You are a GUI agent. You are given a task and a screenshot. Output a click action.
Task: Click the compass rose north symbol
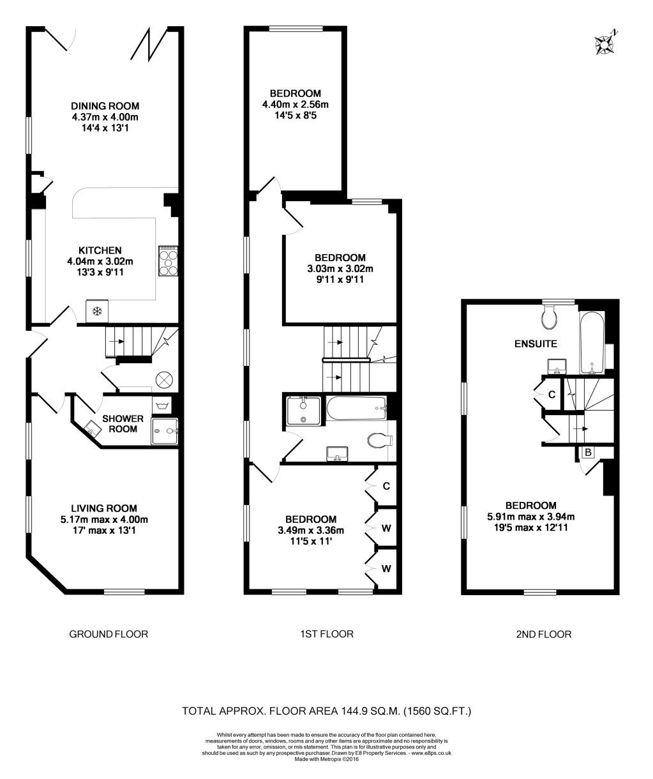tap(604, 43)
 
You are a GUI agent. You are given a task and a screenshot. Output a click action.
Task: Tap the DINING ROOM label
tap(105, 106)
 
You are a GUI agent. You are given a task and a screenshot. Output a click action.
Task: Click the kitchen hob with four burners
tap(168, 262)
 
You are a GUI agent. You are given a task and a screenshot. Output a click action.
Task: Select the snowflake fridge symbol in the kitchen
tap(97, 312)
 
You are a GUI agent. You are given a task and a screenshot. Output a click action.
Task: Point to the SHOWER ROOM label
tap(122, 424)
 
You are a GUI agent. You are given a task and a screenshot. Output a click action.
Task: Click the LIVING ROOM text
tap(104, 508)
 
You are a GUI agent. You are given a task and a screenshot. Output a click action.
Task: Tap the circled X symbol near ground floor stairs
tap(164, 379)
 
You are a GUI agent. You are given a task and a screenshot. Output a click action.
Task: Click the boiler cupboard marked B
tap(589, 453)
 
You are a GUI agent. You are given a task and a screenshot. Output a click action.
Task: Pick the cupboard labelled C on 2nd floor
tap(552, 395)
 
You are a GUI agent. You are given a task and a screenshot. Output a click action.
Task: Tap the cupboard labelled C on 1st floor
tap(386, 485)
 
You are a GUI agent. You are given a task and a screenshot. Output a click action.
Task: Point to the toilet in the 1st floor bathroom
tap(381, 441)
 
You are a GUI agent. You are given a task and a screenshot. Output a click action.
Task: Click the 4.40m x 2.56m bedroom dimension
tap(295, 105)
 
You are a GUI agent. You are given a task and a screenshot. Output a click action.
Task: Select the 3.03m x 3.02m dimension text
tap(340, 269)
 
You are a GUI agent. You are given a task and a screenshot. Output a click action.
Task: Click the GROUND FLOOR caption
tap(109, 634)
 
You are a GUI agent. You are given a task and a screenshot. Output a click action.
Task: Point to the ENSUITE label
tap(536, 344)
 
